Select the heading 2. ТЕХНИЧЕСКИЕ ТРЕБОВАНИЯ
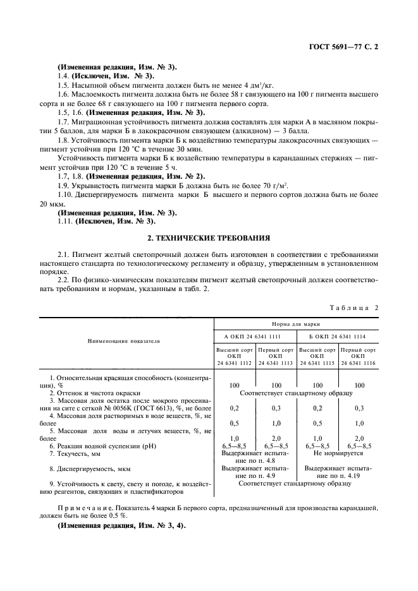pos(209,238)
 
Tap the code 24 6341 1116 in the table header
pos(359,362)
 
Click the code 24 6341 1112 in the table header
pos(234,362)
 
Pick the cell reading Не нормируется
pos(338,453)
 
